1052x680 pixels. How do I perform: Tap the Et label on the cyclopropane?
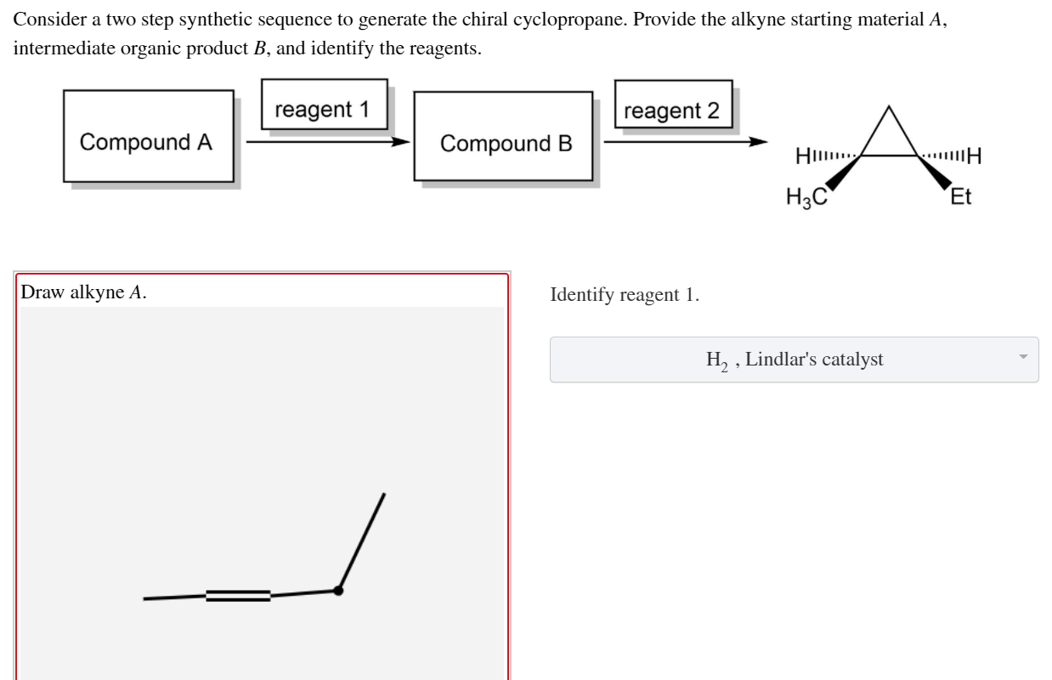[x=960, y=198]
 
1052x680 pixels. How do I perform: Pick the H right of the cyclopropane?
[x=974, y=156]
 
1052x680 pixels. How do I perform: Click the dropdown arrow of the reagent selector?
[x=1023, y=357]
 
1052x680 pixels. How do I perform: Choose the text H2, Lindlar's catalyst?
[x=795, y=360]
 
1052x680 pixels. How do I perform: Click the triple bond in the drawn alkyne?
[x=238, y=595]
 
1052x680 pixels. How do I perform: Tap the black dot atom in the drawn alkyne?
[x=338, y=590]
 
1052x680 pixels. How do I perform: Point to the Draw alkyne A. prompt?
[x=83, y=292]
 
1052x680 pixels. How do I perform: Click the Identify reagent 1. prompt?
[x=625, y=295]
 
